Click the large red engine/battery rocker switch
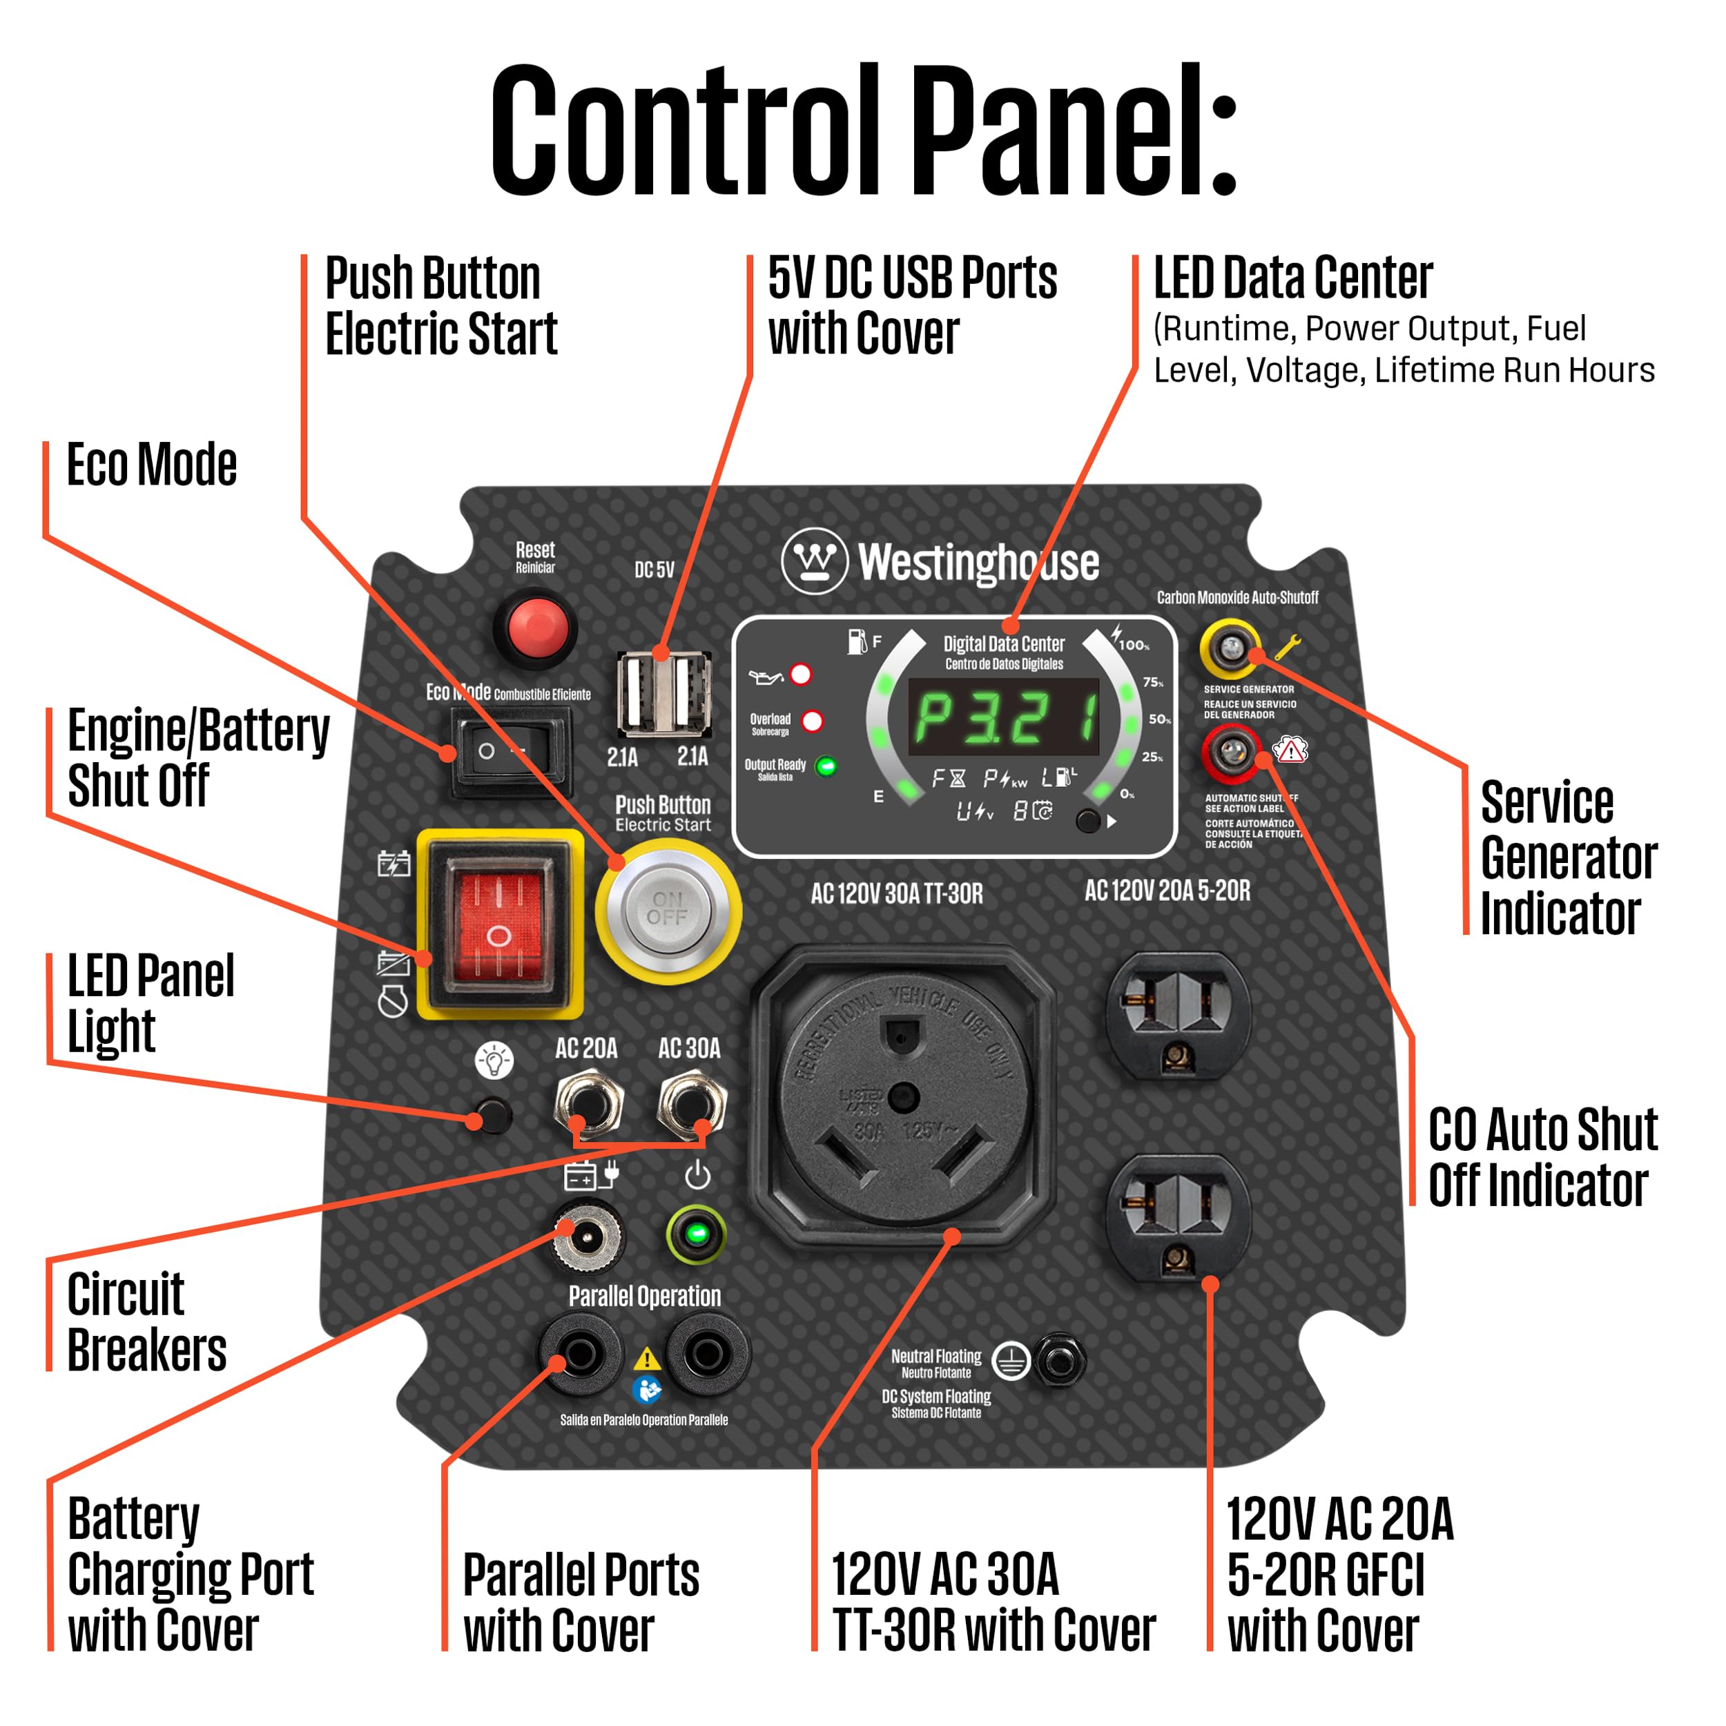(498, 924)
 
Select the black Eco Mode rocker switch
(510, 751)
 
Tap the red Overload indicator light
(812, 721)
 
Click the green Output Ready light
(826, 766)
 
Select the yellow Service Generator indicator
(1230, 647)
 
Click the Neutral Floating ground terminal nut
(1060, 1361)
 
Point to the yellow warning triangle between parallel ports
(647, 1359)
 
